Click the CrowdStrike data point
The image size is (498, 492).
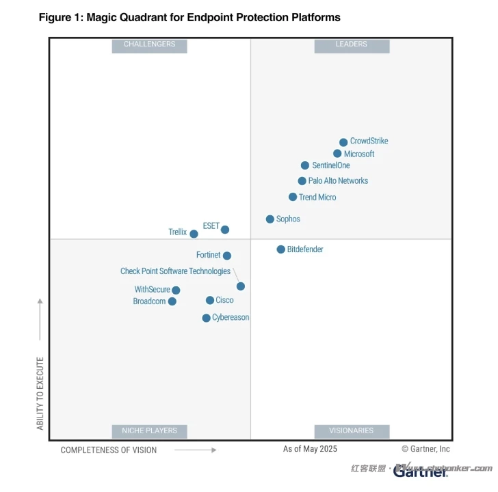pos(343,143)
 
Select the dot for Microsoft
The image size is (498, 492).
pos(337,154)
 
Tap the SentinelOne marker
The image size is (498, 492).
pos(305,165)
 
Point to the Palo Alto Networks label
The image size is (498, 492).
pos(338,181)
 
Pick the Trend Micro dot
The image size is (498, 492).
pos(293,197)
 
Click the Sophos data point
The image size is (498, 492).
pos(270,219)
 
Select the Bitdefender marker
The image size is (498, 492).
pos(280,249)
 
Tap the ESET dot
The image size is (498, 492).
pos(225,230)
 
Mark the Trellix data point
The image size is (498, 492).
pos(194,234)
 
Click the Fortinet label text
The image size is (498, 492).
pos(209,255)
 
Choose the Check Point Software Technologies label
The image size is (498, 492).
pos(175,271)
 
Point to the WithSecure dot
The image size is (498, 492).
pos(176,290)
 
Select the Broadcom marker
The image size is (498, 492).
pos(172,301)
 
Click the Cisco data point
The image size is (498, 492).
pos(210,300)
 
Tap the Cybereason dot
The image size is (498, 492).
pos(206,318)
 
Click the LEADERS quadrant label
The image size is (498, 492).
pos(352,44)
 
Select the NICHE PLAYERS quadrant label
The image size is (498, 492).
pos(149,431)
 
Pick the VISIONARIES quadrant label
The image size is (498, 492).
pos(352,431)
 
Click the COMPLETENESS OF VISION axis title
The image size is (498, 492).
pos(109,450)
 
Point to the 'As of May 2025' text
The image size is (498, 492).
pos(310,449)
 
